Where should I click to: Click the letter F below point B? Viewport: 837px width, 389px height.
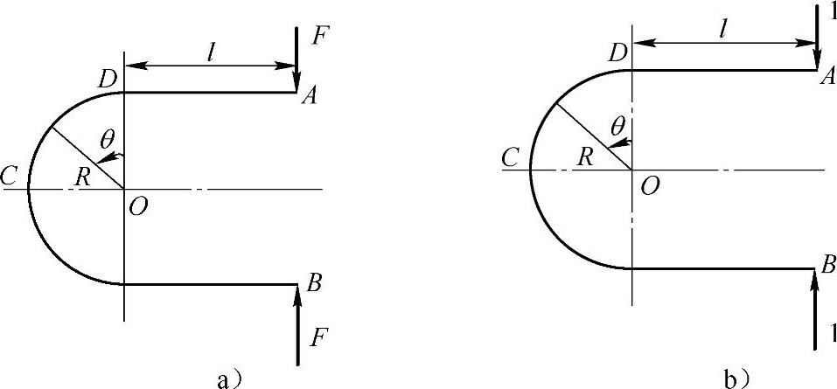point(321,339)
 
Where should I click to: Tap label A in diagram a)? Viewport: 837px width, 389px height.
point(309,96)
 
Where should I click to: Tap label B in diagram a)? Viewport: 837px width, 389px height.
point(313,283)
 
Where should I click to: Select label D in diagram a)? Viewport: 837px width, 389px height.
point(107,80)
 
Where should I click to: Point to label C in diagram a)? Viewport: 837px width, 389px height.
point(10,173)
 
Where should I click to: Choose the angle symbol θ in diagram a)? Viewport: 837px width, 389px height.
point(108,140)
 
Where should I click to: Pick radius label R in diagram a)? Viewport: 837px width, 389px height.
point(83,177)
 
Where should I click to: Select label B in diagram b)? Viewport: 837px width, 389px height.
point(828,264)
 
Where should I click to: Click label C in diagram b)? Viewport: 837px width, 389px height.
point(512,156)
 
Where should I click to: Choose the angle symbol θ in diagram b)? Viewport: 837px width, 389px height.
point(617,127)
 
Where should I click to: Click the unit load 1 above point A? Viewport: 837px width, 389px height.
point(832,11)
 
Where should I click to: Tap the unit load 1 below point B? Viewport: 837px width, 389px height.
point(832,335)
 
